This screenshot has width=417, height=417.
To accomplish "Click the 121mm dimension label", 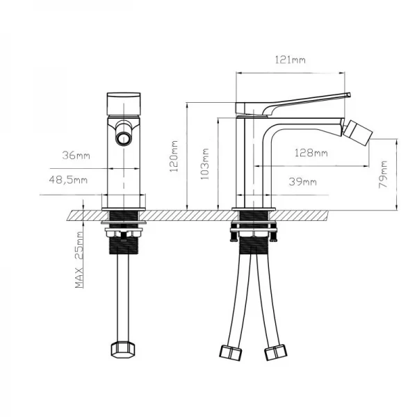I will click(x=292, y=61).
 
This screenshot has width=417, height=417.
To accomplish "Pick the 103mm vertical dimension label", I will click(x=206, y=164).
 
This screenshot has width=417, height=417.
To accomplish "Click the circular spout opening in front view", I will click(x=124, y=136).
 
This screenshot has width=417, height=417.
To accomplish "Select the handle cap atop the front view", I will click(x=124, y=103).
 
